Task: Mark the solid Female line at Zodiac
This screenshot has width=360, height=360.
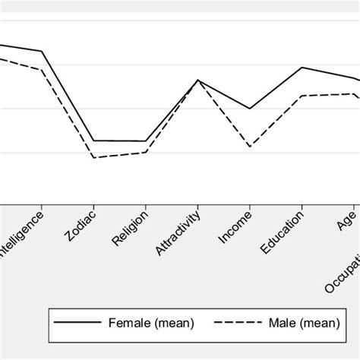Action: point(93,141)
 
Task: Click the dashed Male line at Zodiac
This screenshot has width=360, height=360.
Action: point(93,157)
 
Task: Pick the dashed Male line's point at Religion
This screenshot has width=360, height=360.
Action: point(146,153)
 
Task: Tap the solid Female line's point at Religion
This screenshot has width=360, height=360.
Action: point(146,141)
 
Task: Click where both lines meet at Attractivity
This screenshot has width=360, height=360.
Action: point(198,80)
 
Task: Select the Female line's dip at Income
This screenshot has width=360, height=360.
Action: point(250,109)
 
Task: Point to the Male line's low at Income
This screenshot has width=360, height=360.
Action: point(250,146)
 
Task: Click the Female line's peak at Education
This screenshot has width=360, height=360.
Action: point(302,68)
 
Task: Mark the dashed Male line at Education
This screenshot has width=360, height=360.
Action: point(302,96)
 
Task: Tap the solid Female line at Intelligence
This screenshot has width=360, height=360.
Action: point(42,52)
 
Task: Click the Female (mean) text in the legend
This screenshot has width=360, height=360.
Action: point(153,324)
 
